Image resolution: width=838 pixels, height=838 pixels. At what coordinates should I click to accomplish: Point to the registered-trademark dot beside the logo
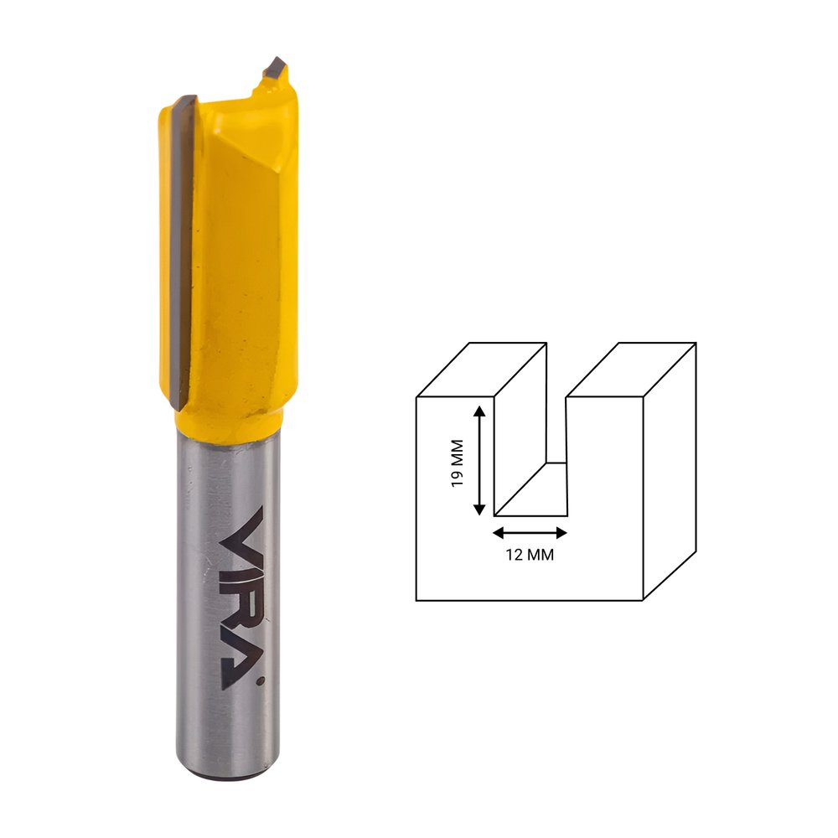[x=261, y=680]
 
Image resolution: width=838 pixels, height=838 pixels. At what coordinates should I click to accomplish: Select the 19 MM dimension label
[x=457, y=463]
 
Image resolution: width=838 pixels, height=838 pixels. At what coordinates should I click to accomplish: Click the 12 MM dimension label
[x=530, y=555]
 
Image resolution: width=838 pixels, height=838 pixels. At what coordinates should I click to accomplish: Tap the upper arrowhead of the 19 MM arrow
[x=479, y=411]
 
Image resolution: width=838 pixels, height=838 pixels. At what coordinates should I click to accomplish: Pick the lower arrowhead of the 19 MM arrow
[x=479, y=510]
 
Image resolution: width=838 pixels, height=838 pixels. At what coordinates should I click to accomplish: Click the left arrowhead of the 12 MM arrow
[x=498, y=533]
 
